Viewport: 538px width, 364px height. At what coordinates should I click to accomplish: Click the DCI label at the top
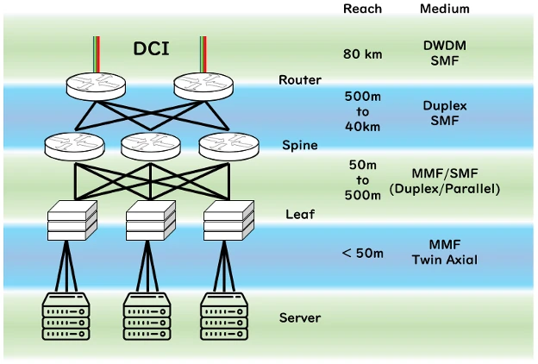(151, 48)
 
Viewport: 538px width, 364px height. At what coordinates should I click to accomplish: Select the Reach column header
(362, 9)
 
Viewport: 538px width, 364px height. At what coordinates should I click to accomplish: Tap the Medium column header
(444, 9)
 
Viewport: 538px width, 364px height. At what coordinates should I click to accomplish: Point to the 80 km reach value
(362, 54)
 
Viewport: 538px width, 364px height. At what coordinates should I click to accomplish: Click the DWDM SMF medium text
(444, 53)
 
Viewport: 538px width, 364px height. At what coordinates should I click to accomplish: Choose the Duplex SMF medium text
(444, 114)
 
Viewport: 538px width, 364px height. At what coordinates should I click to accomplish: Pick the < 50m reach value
(362, 253)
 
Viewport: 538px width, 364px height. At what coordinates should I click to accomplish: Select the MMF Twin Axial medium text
(444, 253)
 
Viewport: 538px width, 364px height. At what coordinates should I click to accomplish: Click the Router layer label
(299, 80)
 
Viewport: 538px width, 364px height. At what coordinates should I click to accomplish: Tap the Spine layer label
(299, 145)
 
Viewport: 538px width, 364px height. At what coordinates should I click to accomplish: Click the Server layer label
(299, 317)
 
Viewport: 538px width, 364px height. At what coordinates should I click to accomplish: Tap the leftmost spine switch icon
(73, 146)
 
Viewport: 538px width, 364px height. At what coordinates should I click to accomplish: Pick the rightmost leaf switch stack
(227, 221)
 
